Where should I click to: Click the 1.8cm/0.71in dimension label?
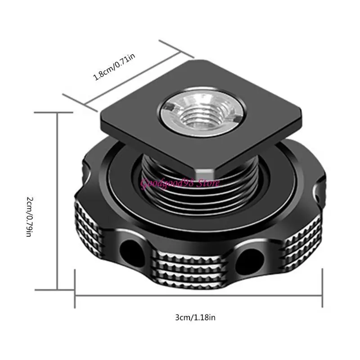point(114,67)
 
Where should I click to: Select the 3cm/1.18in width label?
point(195,318)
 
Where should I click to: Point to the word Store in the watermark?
point(209,183)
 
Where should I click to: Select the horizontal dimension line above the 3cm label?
point(198,295)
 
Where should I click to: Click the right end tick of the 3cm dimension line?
point(323,288)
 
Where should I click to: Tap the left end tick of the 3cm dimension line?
point(75,288)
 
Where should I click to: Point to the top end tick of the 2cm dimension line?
point(58,113)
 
